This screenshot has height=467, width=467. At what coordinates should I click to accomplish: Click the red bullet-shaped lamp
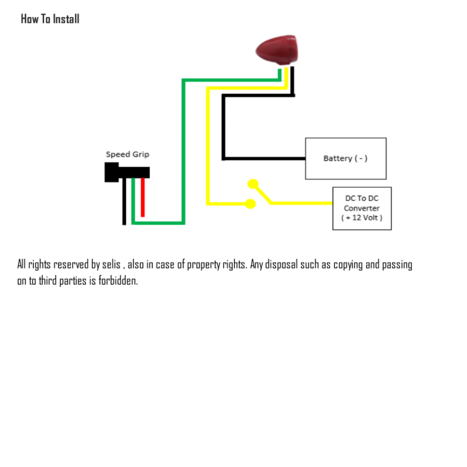click(x=277, y=48)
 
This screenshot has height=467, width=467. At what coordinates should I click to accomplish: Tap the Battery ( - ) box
click(x=345, y=158)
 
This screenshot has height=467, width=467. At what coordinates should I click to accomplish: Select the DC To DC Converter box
click(x=362, y=208)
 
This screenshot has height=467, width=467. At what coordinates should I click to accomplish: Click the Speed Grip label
click(x=127, y=154)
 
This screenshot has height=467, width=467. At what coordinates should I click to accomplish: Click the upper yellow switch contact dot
click(x=253, y=184)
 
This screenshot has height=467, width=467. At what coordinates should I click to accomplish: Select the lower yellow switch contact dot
click(x=250, y=203)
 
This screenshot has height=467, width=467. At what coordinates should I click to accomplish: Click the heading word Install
click(x=66, y=19)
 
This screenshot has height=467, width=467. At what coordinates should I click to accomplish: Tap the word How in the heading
click(x=30, y=19)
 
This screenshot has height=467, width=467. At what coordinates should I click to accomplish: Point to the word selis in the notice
click(x=112, y=265)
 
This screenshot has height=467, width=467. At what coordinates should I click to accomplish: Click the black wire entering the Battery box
click(x=274, y=159)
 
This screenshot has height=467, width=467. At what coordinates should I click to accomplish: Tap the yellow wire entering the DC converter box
click(x=310, y=203)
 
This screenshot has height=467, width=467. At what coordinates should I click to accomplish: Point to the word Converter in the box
click(x=362, y=208)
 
